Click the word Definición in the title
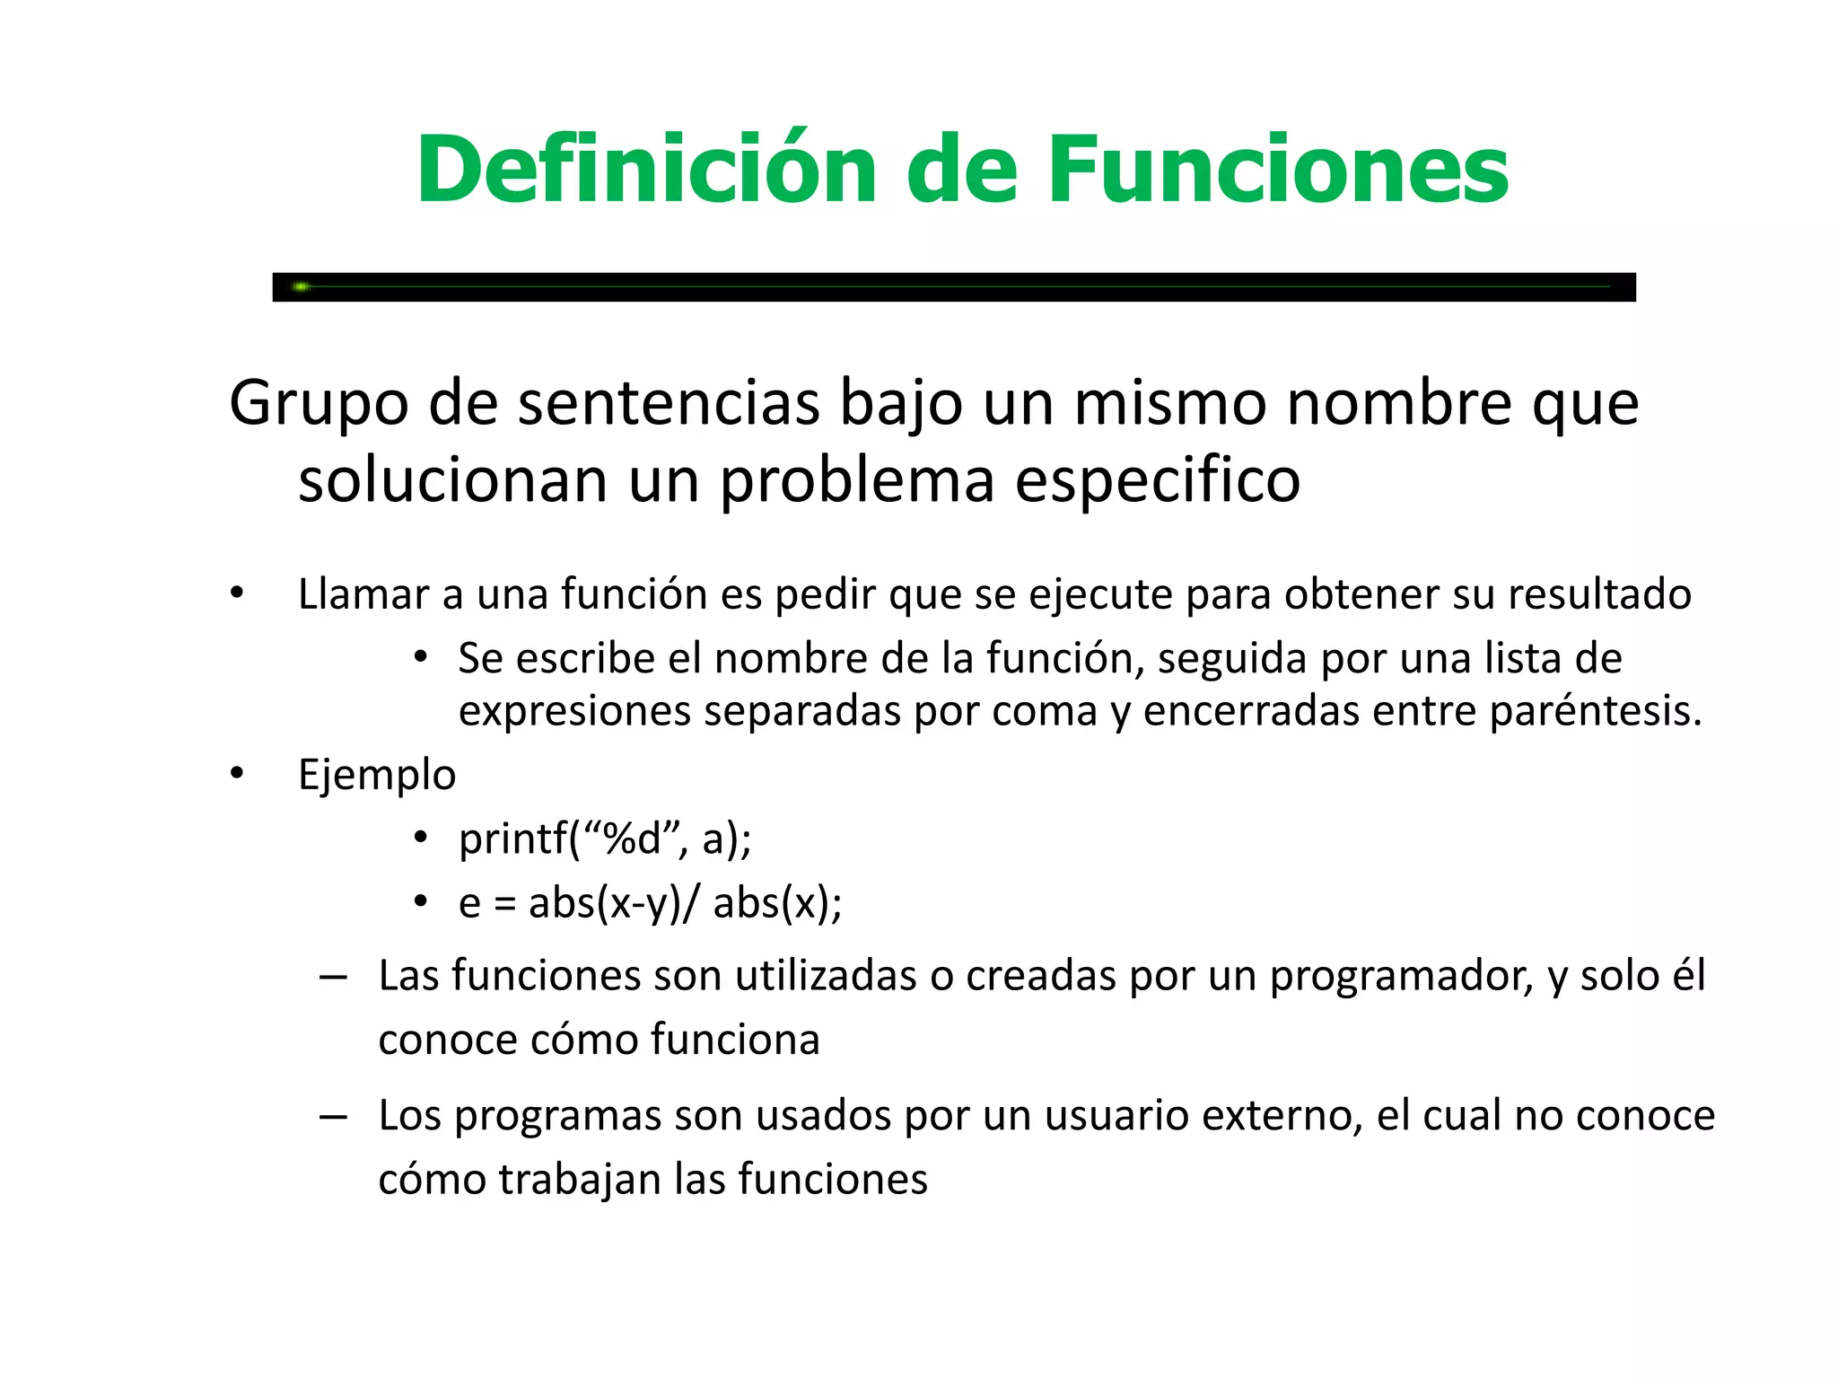click(646, 171)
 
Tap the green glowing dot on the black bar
click(302, 286)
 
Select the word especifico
click(1158, 481)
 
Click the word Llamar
click(363, 594)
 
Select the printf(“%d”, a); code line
click(605, 839)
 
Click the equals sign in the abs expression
click(504, 904)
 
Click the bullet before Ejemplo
click(237, 774)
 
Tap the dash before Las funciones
click(333, 978)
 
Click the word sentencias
click(669, 404)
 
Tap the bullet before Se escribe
click(420, 658)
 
